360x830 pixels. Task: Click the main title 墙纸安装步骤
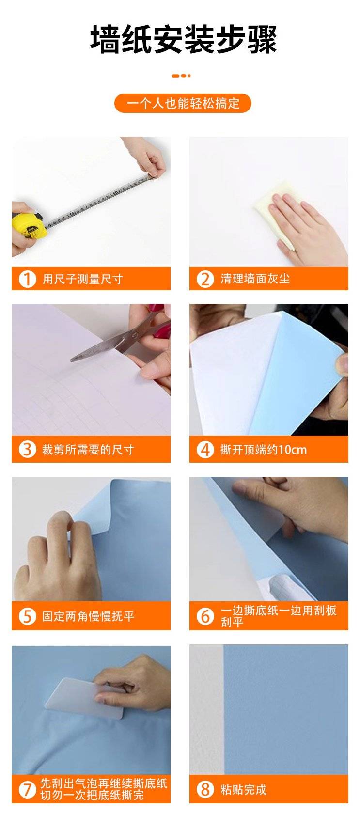point(183,39)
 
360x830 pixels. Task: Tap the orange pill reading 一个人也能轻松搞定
point(183,103)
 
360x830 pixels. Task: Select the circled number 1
point(28,279)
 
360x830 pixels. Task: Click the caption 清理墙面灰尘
point(255,279)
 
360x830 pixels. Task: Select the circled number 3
point(28,450)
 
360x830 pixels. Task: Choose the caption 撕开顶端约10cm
point(264,450)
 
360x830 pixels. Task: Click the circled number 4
point(205,450)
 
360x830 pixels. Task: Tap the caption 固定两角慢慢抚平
point(88,616)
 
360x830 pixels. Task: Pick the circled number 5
point(28,616)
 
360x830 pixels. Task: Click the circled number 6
point(205,616)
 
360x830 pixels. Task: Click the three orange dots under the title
point(182,76)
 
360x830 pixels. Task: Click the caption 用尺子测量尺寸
point(82,279)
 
